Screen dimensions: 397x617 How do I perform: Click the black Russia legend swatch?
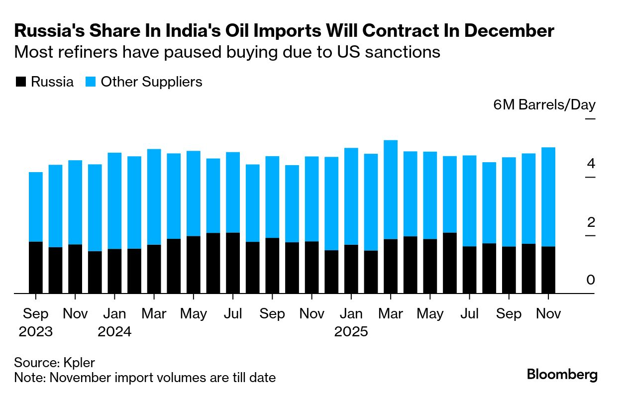(x=20, y=82)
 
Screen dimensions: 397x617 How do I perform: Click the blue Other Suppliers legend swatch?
(x=91, y=82)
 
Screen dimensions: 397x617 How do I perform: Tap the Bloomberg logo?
(x=562, y=375)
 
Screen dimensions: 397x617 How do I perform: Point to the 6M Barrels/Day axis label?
(x=544, y=105)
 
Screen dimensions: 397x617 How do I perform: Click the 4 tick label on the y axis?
(x=591, y=164)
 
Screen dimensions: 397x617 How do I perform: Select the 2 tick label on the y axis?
(x=591, y=222)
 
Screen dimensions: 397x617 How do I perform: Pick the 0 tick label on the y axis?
(x=591, y=280)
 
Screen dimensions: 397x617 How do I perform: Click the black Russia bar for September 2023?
(x=36, y=268)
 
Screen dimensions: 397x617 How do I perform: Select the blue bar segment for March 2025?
(x=391, y=190)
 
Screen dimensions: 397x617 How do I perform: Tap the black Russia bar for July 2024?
(x=233, y=263)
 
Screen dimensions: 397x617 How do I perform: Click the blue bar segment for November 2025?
(x=548, y=197)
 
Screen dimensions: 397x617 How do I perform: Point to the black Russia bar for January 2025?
(x=351, y=269)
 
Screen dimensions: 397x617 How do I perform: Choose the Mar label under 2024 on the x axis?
(x=154, y=314)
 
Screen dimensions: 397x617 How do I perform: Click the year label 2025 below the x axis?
(x=351, y=332)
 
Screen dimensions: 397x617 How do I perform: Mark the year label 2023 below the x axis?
(x=36, y=332)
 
